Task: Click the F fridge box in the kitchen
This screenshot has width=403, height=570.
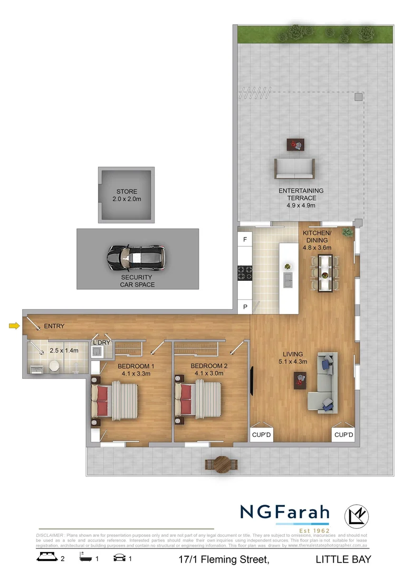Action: click(245, 240)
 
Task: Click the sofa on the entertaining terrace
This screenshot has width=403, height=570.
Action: click(294, 168)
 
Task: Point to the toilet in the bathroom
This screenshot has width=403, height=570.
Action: click(53, 367)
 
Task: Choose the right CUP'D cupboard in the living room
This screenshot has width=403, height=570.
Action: click(343, 434)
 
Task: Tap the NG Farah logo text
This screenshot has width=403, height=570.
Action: click(285, 512)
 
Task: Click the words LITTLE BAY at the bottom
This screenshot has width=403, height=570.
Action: click(343, 559)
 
